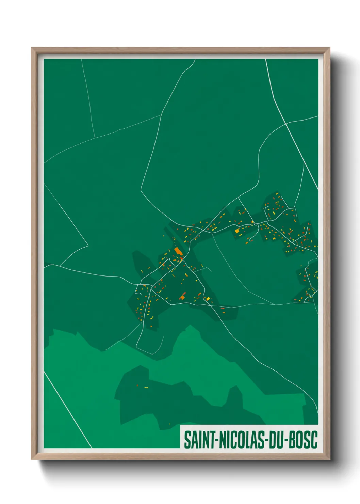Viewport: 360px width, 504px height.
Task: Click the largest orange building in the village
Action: click(x=178, y=251)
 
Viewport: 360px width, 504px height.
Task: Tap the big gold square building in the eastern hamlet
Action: click(x=237, y=231)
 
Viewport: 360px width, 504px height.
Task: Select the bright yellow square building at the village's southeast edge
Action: click(x=208, y=299)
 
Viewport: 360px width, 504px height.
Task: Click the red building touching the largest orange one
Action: click(x=181, y=258)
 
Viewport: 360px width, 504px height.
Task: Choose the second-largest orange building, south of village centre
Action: click(x=182, y=298)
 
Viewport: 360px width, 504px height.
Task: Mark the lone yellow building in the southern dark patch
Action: click(x=146, y=388)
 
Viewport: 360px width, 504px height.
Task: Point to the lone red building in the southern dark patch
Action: click(x=137, y=385)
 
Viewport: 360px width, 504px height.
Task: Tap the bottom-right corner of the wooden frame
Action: click(x=329, y=459)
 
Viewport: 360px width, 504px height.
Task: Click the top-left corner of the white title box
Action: click(x=180, y=425)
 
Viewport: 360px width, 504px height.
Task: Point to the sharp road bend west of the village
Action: click(x=88, y=245)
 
